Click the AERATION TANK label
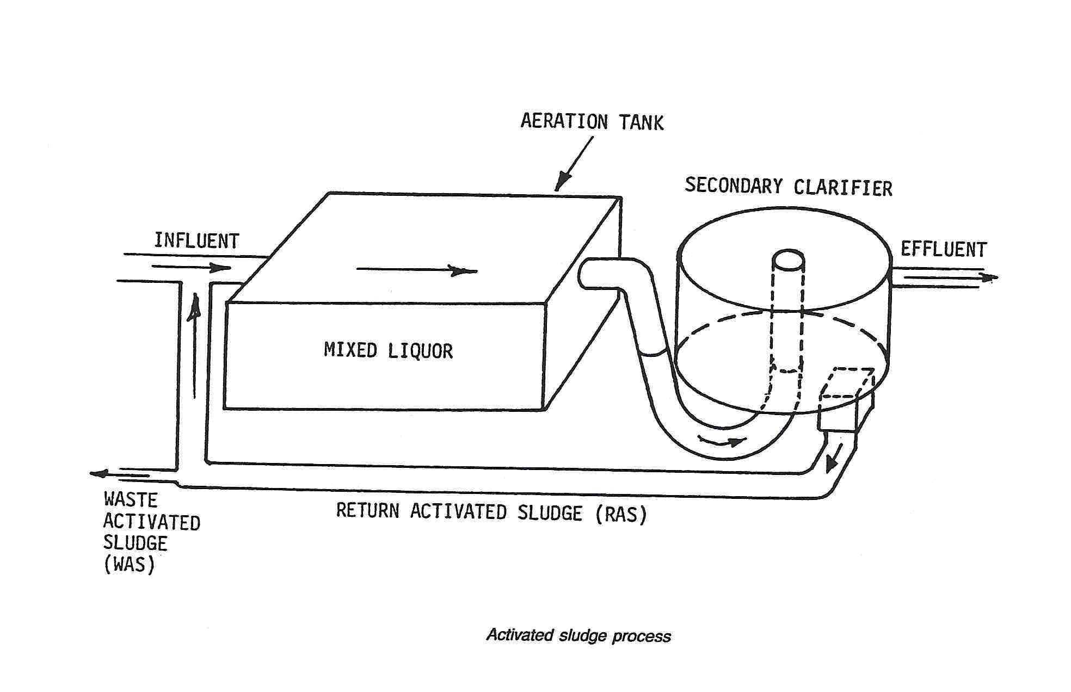click(x=592, y=121)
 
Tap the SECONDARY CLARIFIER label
click(x=788, y=187)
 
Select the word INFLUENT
click(x=196, y=241)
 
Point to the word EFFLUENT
click(x=943, y=250)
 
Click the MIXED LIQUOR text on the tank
click(x=388, y=350)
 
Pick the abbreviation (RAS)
click(x=621, y=514)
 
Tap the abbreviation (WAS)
click(x=129, y=565)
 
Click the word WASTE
click(x=130, y=499)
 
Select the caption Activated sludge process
click(x=578, y=635)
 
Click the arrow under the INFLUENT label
click(x=192, y=267)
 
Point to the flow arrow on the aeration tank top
click(x=417, y=270)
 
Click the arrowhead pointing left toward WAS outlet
click(x=99, y=474)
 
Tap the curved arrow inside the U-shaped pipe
click(x=722, y=441)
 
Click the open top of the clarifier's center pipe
click(x=788, y=259)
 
